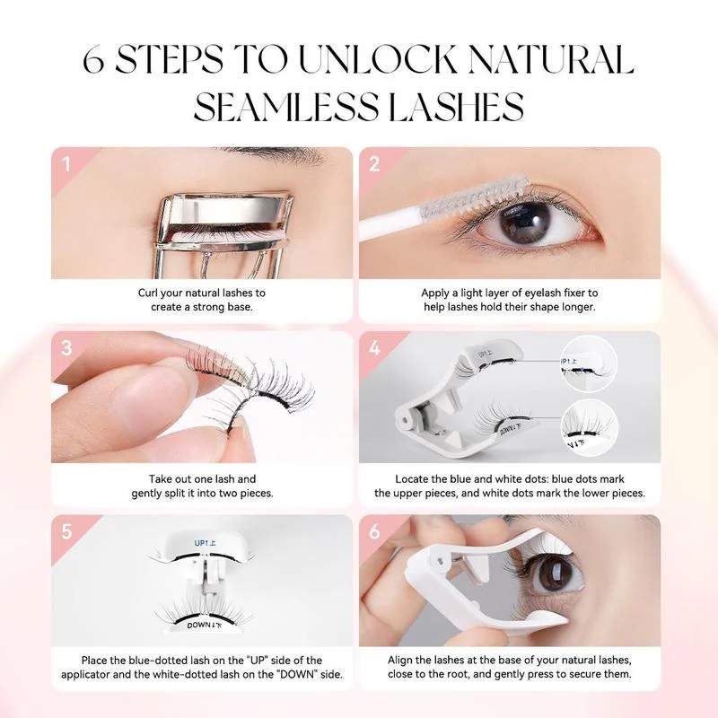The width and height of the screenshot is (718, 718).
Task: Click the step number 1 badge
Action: tap(66, 163)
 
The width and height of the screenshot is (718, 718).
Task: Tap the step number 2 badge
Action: tap(374, 163)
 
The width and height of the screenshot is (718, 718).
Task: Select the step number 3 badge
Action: tap(66, 348)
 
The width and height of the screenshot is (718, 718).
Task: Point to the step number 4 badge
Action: tap(374, 348)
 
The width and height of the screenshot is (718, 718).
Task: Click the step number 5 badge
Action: tap(66, 531)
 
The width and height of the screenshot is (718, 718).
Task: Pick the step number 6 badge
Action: tap(374, 531)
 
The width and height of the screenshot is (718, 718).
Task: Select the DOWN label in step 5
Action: tap(200, 624)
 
